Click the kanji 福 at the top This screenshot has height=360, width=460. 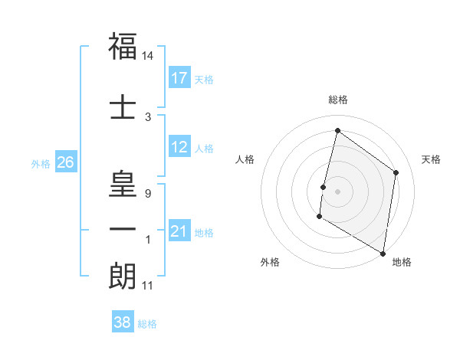tap(123, 47)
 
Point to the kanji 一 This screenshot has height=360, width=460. tap(123, 229)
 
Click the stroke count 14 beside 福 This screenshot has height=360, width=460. tap(148, 56)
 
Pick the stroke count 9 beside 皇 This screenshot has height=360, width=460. tap(148, 194)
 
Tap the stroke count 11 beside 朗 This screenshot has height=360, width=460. tap(148, 286)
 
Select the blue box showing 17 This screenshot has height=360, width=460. tap(179, 78)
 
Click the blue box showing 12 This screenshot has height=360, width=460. tap(179, 148)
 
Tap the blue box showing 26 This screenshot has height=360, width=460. tap(65, 162)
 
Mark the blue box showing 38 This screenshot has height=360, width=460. tap(123, 323)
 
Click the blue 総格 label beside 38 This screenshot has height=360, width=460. tap(147, 324)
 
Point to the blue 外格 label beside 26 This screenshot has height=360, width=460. tap(41, 163)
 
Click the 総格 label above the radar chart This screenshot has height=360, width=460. tap(337, 100)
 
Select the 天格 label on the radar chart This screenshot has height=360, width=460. tap(432, 159)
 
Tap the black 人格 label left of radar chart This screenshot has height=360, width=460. tap(245, 159)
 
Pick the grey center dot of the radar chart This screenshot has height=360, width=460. tap(337, 191)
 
